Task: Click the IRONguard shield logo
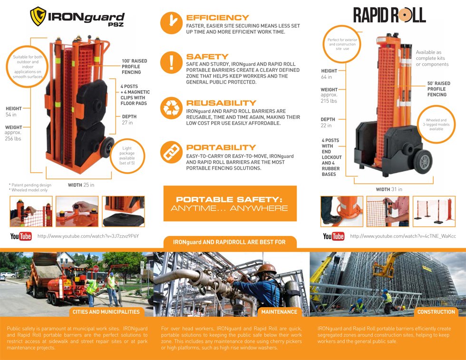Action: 38,16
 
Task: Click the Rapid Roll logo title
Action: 389,16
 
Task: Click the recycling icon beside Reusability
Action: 172,108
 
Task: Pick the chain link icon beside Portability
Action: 172,152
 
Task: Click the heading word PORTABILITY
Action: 221,147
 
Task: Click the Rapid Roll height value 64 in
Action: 327,77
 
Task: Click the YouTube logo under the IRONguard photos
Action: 21,236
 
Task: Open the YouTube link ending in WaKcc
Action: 403,236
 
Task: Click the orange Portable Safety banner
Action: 230,204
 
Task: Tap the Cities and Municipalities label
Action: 107,312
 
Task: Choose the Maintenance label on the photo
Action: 279,312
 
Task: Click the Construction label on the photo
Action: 436,312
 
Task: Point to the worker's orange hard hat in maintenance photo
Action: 266,269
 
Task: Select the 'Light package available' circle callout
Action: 126,156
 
